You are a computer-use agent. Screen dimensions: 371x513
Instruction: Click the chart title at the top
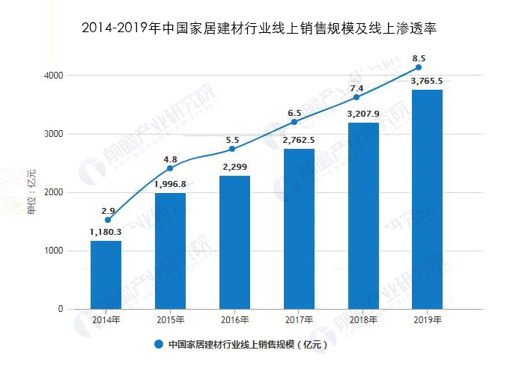coord(257,29)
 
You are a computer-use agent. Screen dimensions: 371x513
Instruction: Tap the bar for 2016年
coord(234,242)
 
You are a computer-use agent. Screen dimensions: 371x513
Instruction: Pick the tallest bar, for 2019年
coord(428,199)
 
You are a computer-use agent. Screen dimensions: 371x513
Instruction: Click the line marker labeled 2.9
coord(107,220)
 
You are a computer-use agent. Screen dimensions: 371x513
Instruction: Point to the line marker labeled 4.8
coord(170,168)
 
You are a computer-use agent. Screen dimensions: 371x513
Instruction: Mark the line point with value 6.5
coord(294,122)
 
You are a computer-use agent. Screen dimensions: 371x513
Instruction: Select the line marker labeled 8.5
coord(419,67)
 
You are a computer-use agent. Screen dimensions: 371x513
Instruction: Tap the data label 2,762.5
coord(299,139)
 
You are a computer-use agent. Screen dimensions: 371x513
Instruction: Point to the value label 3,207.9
coord(363,114)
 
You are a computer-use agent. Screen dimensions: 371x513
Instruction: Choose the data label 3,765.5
coord(427,81)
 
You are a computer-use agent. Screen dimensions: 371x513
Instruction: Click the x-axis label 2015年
coord(170,320)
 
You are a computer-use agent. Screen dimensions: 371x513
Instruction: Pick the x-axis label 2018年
coord(363,320)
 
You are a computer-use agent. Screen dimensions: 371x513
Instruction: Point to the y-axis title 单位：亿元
coord(31,192)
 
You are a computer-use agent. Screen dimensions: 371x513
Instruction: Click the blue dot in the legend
coord(159,345)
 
